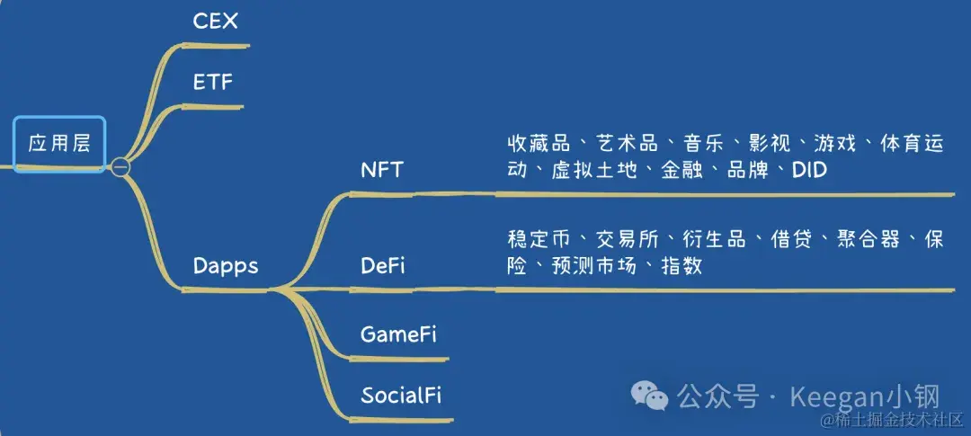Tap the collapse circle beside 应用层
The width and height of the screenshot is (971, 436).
point(120,167)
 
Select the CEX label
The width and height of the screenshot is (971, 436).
point(216,22)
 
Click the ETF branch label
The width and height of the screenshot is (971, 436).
point(213,83)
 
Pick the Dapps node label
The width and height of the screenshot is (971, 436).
point(226,266)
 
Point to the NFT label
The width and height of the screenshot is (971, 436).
point(382,170)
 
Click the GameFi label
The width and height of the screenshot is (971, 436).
point(398,334)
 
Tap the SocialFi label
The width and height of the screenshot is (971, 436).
point(401,395)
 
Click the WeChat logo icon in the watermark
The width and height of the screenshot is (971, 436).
point(649,395)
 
